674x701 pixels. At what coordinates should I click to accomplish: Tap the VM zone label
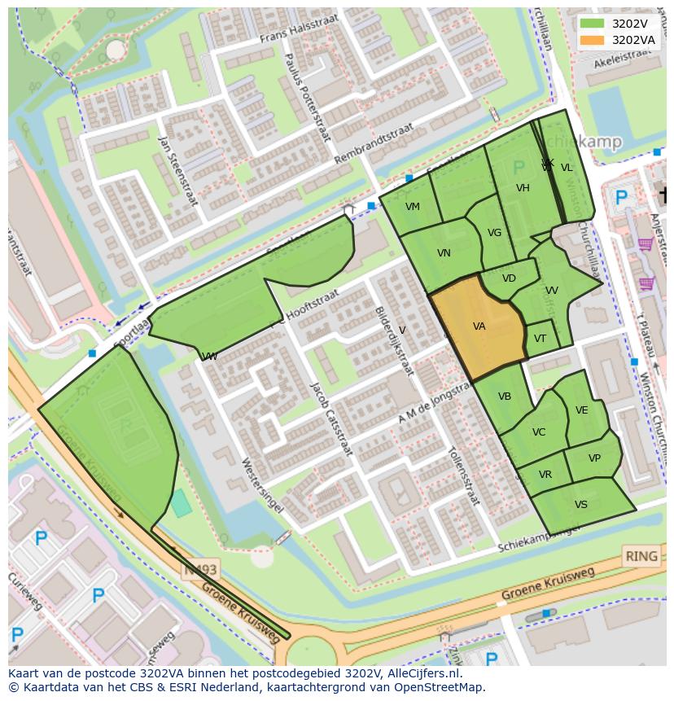pos(413,207)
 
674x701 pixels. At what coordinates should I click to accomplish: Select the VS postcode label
pos(580,505)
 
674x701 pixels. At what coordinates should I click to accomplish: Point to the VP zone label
pos(594,458)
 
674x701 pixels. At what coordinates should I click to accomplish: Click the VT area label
pos(541,339)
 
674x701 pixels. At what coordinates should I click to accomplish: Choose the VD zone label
pos(509,278)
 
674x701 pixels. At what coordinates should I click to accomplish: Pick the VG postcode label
pos(494,233)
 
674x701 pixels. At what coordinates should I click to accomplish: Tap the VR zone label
pos(545,475)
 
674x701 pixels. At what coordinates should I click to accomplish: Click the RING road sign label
pos(641,557)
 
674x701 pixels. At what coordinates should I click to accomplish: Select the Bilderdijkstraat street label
pos(394,340)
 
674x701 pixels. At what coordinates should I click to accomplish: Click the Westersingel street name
pos(262,484)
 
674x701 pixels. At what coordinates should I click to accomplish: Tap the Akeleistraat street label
pos(626,59)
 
